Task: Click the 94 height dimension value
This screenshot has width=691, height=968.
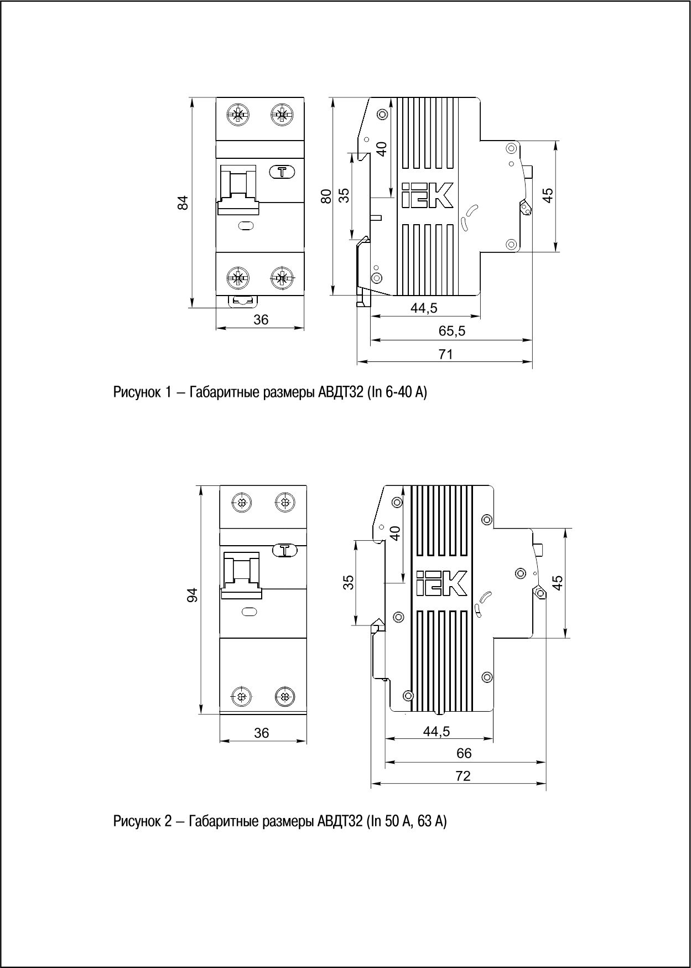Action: click(x=192, y=596)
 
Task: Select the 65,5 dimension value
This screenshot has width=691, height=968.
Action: click(x=452, y=331)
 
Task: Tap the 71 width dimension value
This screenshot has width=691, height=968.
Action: click(x=445, y=354)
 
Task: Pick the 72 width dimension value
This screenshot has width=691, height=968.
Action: click(x=463, y=776)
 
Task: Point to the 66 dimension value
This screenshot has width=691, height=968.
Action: click(x=464, y=753)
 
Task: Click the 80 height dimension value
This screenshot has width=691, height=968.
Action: click(x=326, y=196)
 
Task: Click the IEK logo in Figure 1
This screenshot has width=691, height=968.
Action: click(x=427, y=195)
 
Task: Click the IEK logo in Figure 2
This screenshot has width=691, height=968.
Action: click(x=441, y=584)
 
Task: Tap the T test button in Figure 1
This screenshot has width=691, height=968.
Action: click(x=282, y=172)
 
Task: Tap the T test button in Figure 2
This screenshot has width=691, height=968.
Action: click(x=285, y=550)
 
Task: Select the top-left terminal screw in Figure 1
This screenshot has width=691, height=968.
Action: click(x=238, y=115)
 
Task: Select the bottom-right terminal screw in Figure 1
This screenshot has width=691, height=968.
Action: click(x=282, y=278)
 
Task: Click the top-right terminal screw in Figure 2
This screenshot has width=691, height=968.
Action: click(x=284, y=503)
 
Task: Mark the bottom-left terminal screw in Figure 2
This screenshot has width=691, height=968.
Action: click(x=241, y=696)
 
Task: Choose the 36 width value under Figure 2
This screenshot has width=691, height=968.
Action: click(x=262, y=733)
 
